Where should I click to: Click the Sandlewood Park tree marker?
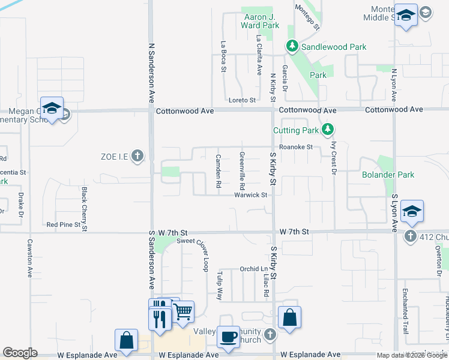click(x=292, y=46)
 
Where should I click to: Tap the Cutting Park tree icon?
click(x=327, y=130)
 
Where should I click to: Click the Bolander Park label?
click(x=388, y=175)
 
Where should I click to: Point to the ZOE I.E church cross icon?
click(x=137, y=157)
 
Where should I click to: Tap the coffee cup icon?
click(x=228, y=337)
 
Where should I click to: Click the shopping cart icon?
click(x=182, y=311)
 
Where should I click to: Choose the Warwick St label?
click(x=250, y=195)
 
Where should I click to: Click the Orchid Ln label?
click(x=253, y=269)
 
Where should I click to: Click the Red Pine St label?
click(x=63, y=225)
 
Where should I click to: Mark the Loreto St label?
click(x=242, y=100)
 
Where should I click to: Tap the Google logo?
click(x=20, y=353)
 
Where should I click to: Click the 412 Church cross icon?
click(x=410, y=236)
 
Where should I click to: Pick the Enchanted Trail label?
click(x=406, y=304)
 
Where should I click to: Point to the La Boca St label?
click(x=223, y=56)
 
